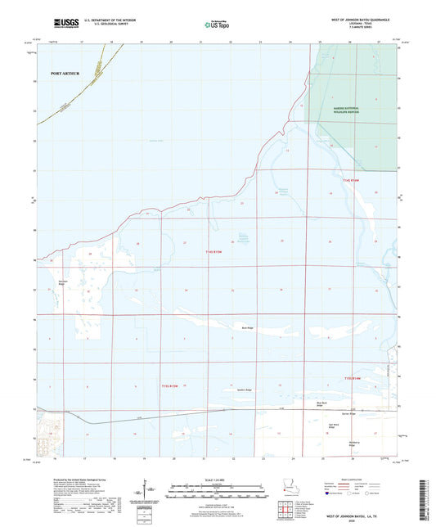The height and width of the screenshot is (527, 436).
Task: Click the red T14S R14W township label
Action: pos(350,180)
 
